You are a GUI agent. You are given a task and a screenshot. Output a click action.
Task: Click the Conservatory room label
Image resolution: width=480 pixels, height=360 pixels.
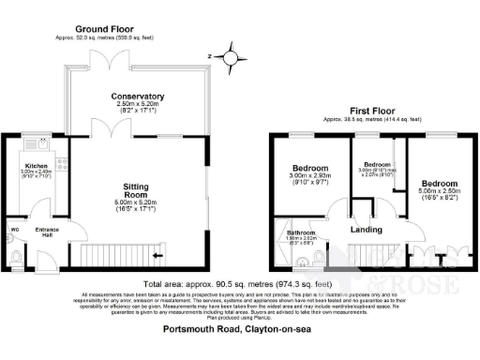click(138, 97)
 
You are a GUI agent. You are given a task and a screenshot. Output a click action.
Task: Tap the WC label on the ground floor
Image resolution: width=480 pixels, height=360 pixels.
click(15, 230)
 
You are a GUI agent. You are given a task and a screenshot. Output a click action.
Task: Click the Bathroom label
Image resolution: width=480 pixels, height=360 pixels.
click(301, 232)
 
